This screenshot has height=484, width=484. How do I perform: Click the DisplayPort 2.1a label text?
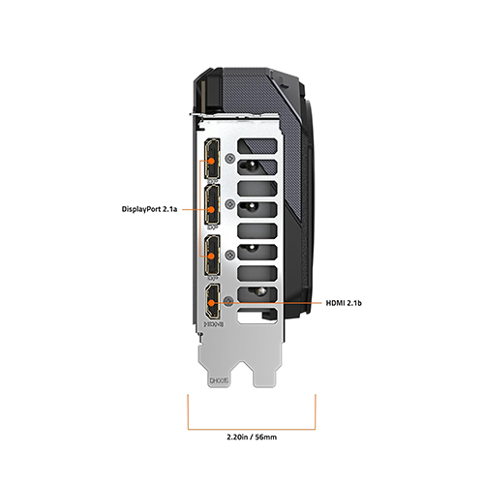point(149,209)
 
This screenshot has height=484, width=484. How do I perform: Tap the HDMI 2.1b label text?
point(344,303)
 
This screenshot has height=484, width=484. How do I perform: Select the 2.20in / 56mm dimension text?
point(252,438)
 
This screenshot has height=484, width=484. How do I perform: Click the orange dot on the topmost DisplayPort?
point(211,161)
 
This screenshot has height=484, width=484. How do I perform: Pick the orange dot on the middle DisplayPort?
point(211,209)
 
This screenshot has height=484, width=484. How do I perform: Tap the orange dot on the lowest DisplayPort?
point(211,257)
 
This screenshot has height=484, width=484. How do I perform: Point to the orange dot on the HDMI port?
point(211,303)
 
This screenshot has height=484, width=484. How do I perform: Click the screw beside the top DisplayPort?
point(229,158)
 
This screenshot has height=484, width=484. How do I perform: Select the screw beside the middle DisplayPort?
point(229,204)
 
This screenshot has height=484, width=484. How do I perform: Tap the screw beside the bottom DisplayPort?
point(229,255)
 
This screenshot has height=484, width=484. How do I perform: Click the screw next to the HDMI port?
point(228,301)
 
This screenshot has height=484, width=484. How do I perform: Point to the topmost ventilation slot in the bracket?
point(257,146)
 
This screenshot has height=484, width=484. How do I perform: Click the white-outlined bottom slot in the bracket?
point(257,316)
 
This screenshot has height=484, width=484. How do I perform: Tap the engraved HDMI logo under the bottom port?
point(213,323)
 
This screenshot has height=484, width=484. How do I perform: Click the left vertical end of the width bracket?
point(188,412)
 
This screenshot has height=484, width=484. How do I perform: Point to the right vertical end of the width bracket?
point(316,412)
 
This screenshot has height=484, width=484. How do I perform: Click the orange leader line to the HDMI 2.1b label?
point(268,303)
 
